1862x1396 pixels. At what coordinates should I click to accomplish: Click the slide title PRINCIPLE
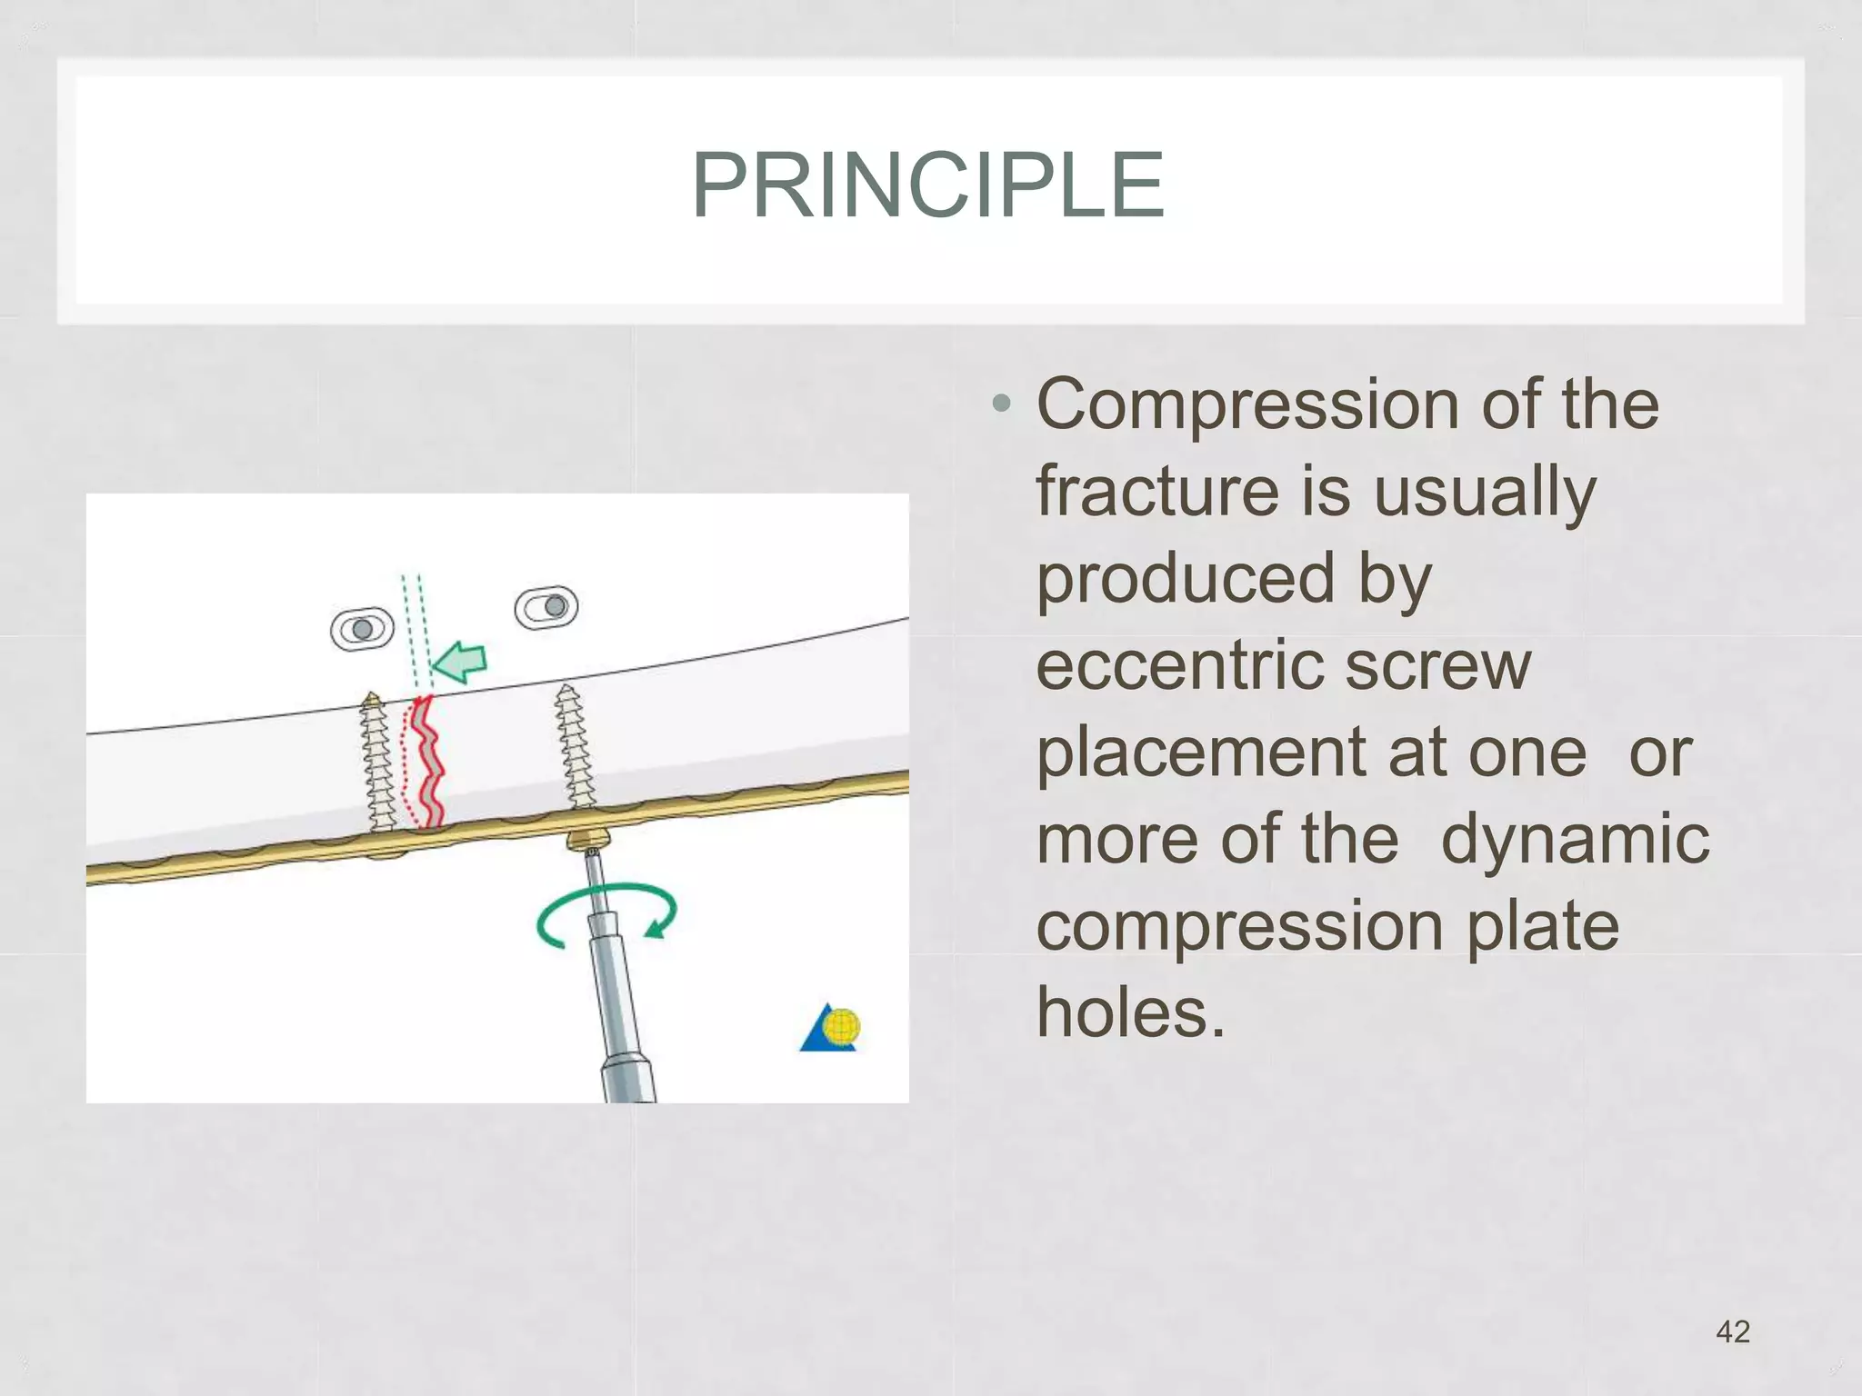pos(927,186)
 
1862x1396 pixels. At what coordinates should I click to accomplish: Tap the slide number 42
pos(1732,1331)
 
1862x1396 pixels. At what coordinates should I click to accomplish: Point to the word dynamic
pos(1575,840)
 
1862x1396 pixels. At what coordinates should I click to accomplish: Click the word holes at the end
pos(1130,1013)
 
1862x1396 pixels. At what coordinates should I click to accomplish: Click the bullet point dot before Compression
pos(1001,404)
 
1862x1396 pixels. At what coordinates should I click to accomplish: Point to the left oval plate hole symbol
pos(362,629)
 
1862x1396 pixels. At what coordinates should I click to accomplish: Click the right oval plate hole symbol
pos(546,607)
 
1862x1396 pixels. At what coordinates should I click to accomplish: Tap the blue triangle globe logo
pos(830,1029)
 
